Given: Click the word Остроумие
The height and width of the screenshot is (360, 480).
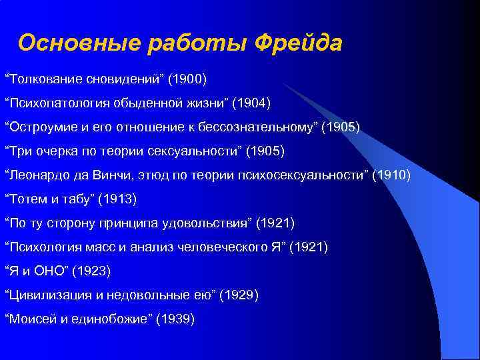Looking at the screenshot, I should [41, 128].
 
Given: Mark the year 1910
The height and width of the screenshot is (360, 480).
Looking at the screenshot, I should [392, 175].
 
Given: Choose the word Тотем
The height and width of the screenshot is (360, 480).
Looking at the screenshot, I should [27, 199].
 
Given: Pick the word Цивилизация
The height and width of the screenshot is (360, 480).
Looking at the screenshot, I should [46, 294].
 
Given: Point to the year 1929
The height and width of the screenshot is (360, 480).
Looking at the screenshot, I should [239, 294].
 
